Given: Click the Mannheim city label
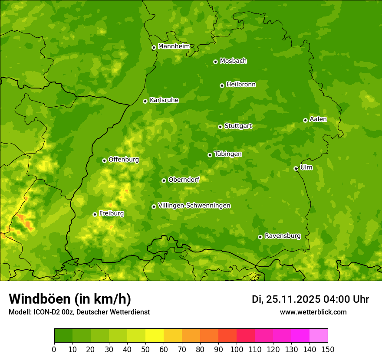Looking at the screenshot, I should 174,46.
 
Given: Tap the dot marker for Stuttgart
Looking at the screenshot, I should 220,127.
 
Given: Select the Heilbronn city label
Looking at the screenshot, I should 241,84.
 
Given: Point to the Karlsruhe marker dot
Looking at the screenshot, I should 145,101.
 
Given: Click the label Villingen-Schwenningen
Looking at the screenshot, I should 194,205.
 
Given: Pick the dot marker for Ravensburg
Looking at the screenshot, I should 260,237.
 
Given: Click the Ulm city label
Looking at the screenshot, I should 306,167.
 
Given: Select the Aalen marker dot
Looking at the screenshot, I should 305,120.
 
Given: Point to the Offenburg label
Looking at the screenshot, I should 124,159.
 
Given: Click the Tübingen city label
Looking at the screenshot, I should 228,154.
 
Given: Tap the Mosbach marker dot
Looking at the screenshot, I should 215,62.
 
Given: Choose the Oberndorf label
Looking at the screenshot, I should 184,179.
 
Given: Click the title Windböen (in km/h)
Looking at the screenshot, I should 70,299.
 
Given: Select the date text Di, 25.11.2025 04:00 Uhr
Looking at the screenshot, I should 310,299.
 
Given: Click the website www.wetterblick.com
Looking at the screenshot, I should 313,312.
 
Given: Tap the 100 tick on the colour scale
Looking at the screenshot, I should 237,349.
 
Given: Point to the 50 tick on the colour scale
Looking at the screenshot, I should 145,349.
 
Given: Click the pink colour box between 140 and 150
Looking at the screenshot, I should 319,335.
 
